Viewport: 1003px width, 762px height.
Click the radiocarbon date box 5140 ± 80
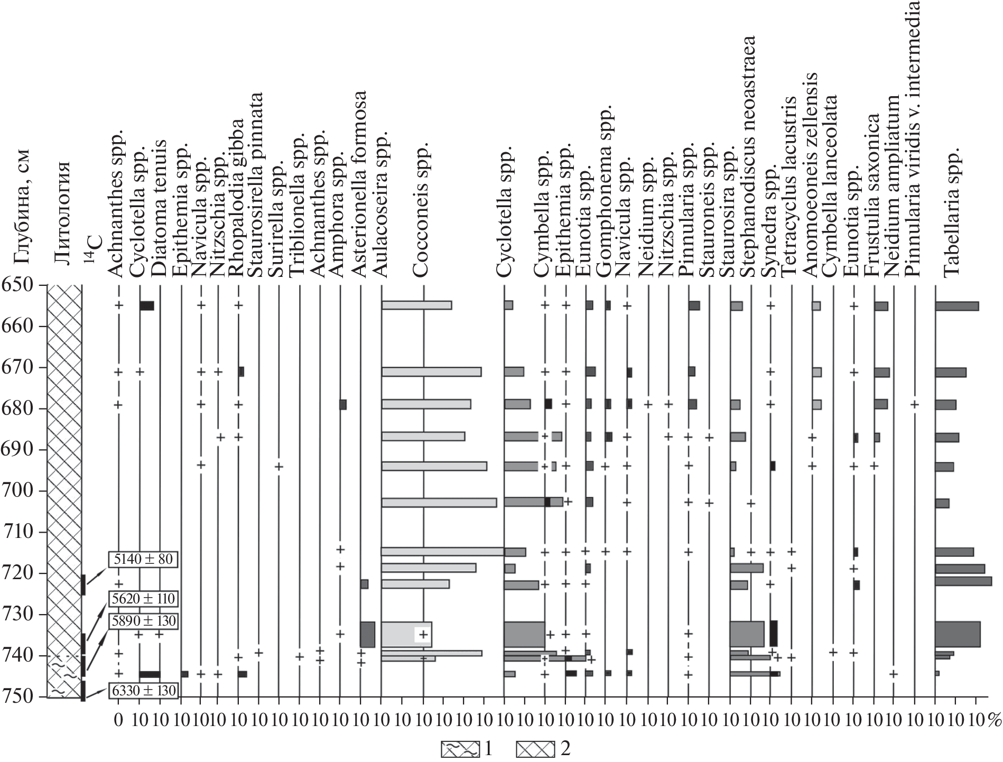(142, 559)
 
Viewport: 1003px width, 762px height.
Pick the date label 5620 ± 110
(142, 599)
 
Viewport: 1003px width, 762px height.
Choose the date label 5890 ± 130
(142, 620)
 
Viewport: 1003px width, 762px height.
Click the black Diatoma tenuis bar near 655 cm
(147, 305)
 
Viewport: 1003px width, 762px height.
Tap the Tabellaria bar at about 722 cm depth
(963, 581)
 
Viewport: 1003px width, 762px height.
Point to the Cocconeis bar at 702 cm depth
(439, 502)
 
